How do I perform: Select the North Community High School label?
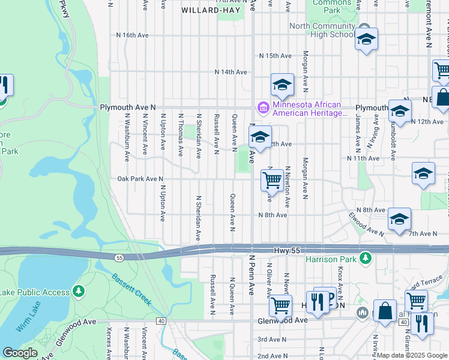coord(322,30)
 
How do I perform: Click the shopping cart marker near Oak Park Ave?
coord(273,180)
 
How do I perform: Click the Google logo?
coord(20,353)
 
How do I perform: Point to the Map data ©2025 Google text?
coord(412,355)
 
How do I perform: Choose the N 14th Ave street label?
coord(232,72)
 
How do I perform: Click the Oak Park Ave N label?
coord(140,179)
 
